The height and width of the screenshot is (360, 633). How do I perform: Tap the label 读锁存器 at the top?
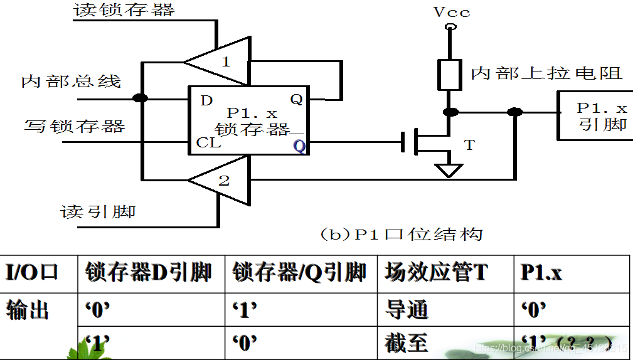pyautogui.click(x=124, y=10)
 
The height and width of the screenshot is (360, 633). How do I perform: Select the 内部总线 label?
pyautogui.click(x=71, y=82)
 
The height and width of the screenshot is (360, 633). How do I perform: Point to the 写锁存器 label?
pyautogui.click(x=75, y=126)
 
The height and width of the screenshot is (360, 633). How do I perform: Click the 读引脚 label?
pyautogui.click(x=98, y=211)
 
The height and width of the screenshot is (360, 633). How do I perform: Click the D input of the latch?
pyautogui.click(x=206, y=100)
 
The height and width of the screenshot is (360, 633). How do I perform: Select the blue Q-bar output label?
pyautogui.click(x=299, y=146)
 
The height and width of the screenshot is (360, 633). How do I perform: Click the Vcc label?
pyautogui.click(x=451, y=12)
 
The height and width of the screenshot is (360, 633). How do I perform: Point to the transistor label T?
pyautogui.click(x=469, y=146)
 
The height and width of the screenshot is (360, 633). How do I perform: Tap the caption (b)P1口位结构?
pyautogui.click(x=402, y=235)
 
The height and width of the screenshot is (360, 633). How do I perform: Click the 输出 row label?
pyautogui.click(x=28, y=310)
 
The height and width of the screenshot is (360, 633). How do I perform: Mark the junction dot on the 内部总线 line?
pyautogui.click(x=141, y=98)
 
